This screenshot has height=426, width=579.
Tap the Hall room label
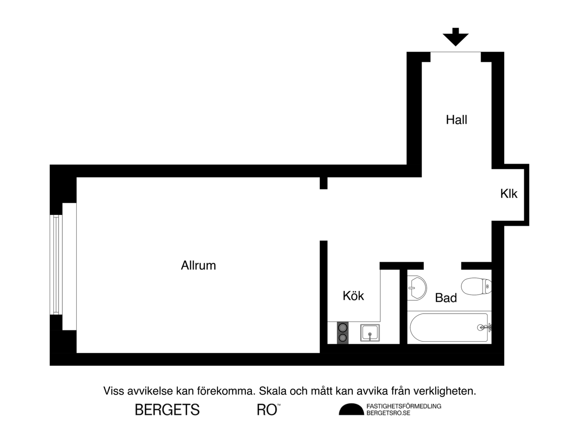point(456,120)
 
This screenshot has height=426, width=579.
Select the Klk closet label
point(509,194)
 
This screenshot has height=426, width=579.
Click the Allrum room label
point(198,266)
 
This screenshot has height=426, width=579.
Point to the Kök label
point(353,296)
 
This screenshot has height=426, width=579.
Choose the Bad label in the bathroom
point(446,298)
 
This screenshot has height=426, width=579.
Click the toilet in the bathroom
point(476,286)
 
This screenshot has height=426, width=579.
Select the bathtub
point(449,328)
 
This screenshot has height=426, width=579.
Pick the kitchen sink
point(370,333)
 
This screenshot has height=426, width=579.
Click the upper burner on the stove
point(343,328)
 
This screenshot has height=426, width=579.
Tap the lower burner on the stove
point(343,338)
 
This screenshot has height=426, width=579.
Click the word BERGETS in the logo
point(167,410)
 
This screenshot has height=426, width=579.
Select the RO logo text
point(267,410)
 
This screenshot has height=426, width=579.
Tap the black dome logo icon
point(351,410)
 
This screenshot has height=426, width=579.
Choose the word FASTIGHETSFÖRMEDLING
point(404,406)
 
